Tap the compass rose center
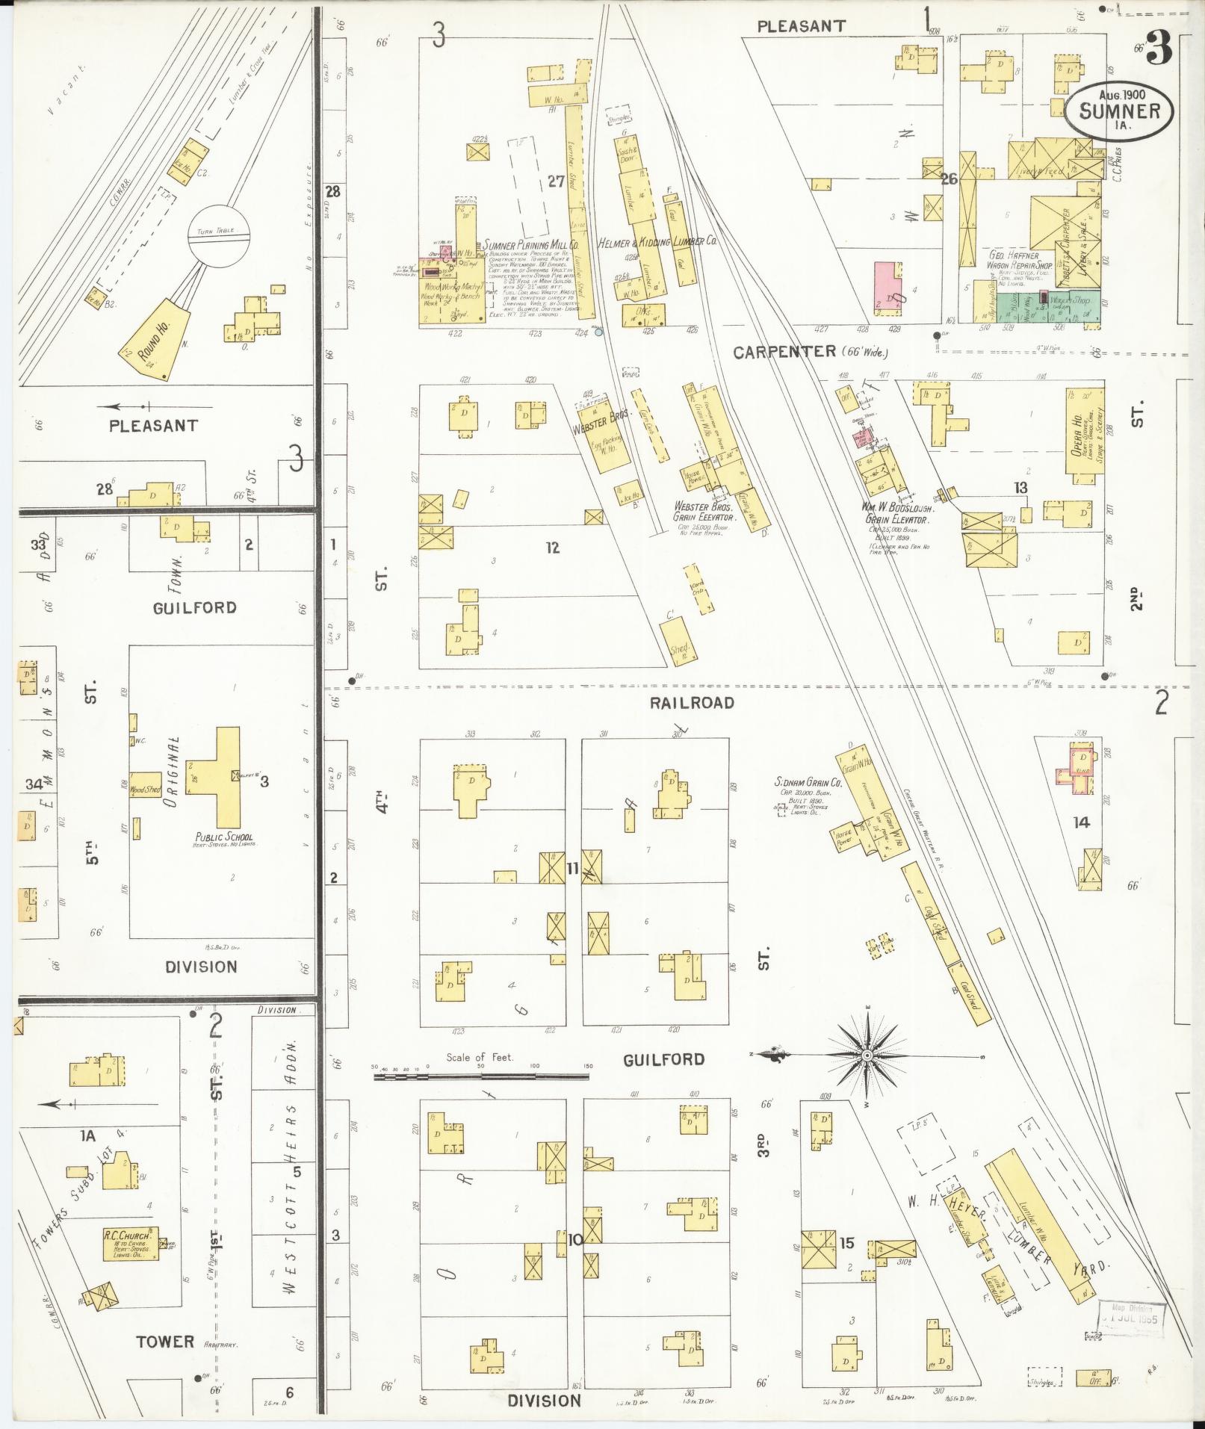867,1056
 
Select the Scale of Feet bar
482,1076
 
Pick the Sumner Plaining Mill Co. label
532,244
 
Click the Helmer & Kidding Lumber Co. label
657,242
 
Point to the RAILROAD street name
691,702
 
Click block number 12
552,548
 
